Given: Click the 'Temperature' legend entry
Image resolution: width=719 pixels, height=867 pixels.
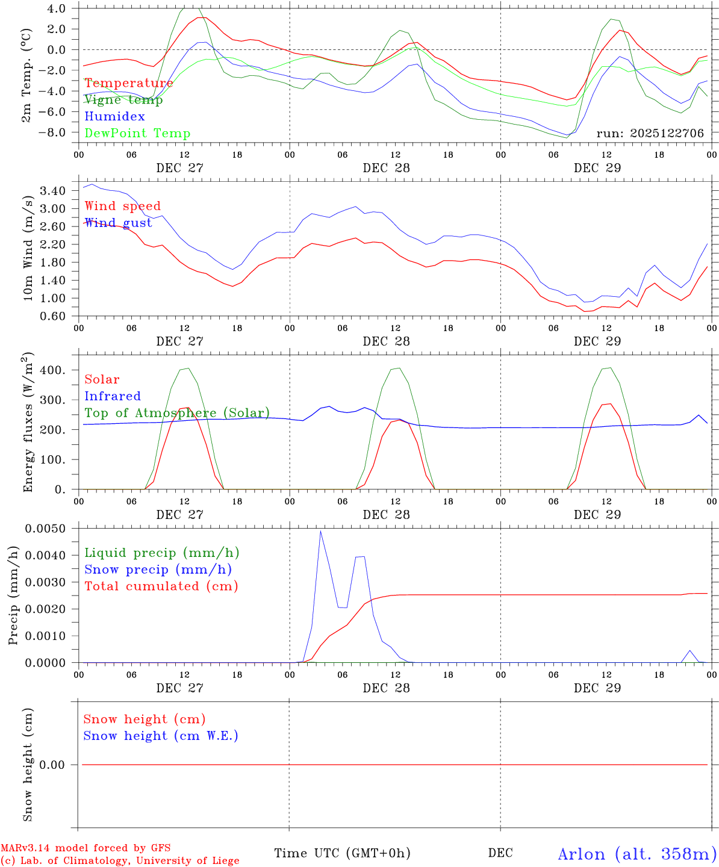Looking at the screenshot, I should coord(129,83).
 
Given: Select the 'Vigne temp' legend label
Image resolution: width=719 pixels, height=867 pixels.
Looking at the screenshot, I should coord(123,100).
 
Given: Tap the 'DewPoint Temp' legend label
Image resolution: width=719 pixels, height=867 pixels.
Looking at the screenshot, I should coord(137,134).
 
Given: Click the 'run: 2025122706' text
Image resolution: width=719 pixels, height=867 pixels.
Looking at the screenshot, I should coord(650,133).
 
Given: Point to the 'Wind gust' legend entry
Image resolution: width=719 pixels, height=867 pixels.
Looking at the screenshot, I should coord(118,223).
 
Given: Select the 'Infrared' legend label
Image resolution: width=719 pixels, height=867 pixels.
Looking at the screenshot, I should coord(113,396).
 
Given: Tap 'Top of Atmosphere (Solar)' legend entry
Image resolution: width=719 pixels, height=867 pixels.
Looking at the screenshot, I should coord(177,413).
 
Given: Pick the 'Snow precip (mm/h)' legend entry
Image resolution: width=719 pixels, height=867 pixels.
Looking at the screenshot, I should coord(158,570).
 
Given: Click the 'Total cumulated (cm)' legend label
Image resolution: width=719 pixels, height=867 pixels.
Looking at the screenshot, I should coord(161,586).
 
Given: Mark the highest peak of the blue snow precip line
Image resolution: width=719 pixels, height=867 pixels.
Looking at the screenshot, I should coord(320,531).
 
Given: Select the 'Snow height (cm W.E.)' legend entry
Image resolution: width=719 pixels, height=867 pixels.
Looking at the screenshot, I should coord(161,736).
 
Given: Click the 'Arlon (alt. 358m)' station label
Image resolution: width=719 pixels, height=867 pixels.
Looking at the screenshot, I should coord(637,854).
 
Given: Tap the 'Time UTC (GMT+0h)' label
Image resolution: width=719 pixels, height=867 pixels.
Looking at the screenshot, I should coord(342,853).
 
